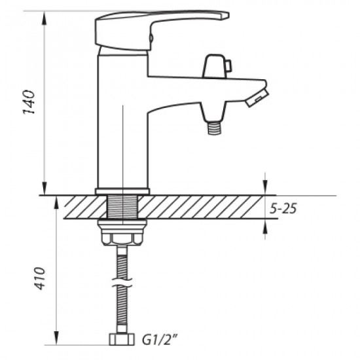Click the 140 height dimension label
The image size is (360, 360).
[x=29, y=102]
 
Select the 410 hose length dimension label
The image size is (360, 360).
[x=39, y=278]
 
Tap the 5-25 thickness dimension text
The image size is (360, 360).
[x=283, y=208]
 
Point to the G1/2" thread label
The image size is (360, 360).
[x=160, y=340]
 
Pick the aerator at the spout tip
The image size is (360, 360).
[x=257, y=98]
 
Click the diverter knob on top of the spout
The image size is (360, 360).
[x=215, y=66]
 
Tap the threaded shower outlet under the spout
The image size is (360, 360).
[x=214, y=128]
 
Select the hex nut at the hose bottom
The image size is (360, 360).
[x=122, y=339]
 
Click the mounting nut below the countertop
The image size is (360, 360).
[x=122, y=232]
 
